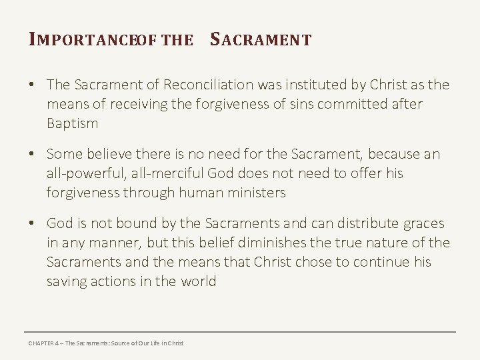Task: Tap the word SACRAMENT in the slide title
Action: pyautogui.click(x=261, y=40)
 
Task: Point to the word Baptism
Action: pyautogui.click(x=72, y=123)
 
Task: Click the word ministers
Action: pyautogui.click(x=257, y=193)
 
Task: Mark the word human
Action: pyautogui.click(x=202, y=193)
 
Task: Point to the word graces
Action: pyautogui.click(x=422, y=223)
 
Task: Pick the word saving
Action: pyautogui.click(x=67, y=281)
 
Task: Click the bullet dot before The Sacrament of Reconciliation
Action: pyautogui.click(x=32, y=85)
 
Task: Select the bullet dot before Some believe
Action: pyautogui.click(x=32, y=155)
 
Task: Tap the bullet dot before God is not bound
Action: pyautogui.click(x=32, y=224)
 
